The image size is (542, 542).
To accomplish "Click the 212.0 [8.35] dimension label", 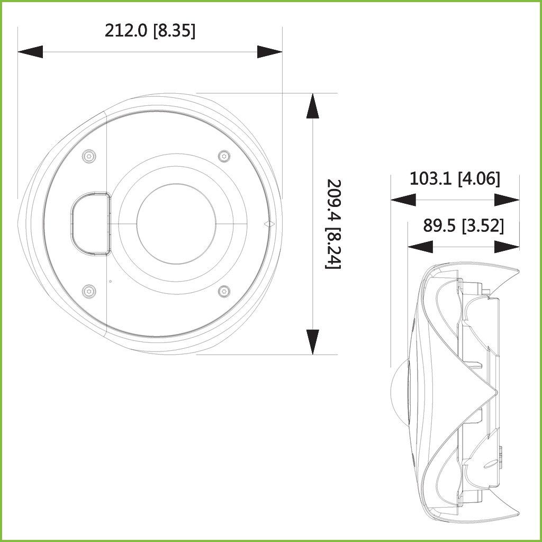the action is (x=150, y=31).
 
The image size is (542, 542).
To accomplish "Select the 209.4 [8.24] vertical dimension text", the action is (x=333, y=224).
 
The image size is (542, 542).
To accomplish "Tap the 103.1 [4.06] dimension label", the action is (x=455, y=179).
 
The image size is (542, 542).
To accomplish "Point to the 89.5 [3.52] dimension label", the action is (x=464, y=225).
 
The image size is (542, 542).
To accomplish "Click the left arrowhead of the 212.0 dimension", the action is (x=30, y=52).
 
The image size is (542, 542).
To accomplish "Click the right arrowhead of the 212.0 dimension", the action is (x=269, y=52).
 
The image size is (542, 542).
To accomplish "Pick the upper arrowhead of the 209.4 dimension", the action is (x=312, y=106).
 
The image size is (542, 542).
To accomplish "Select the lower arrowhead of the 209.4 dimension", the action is (x=312, y=342).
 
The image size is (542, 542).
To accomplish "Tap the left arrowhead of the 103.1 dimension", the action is (x=403, y=200).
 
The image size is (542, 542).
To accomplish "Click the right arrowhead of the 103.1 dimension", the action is (x=507, y=200).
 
